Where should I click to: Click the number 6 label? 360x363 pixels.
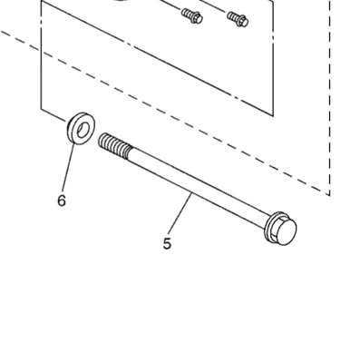[x=62, y=201]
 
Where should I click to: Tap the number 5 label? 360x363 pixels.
[x=167, y=243]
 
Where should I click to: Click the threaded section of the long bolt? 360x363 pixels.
[x=115, y=145]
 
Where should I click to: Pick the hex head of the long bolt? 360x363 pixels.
[x=285, y=231]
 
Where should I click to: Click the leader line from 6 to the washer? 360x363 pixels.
[x=68, y=169]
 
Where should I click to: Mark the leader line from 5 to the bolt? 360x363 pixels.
[x=180, y=214]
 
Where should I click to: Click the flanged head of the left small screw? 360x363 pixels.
[x=196, y=18]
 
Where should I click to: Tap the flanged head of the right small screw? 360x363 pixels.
[x=242, y=20]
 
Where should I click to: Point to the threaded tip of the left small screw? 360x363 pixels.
[x=187, y=13]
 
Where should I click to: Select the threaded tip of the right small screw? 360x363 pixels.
[x=233, y=15]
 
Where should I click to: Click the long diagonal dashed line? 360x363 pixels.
[x=165, y=113]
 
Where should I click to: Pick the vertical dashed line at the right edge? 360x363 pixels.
[x=329, y=98]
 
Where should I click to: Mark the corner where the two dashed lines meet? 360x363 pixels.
[x=329, y=195]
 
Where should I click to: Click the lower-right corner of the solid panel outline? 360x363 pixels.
[x=273, y=116]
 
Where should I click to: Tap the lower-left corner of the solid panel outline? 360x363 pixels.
[x=41, y=108]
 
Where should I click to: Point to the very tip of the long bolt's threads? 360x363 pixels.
[x=100, y=139]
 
